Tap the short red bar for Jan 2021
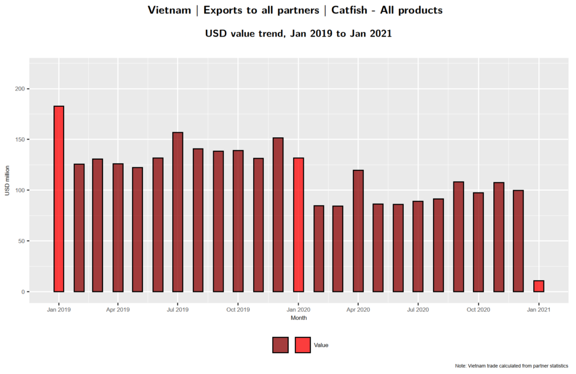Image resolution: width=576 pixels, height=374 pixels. click(x=539, y=286)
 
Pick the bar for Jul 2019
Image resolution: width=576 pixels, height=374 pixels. click(x=178, y=211)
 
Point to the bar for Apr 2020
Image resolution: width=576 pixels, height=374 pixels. click(x=358, y=231)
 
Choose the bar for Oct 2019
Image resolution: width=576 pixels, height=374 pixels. click(x=238, y=220)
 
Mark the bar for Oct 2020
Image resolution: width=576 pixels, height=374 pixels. click(x=478, y=242)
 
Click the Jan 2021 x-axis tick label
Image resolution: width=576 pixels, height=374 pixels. click(x=539, y=309)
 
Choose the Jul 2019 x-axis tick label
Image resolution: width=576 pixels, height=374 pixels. click(x=178, y=309)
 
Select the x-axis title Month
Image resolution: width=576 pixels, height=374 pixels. click(x=299, y=318)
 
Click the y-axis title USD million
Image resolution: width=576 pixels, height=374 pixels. click(x=7, y=181)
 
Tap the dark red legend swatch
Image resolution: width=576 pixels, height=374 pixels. click(x=280, y=345)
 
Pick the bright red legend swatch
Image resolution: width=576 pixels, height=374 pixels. click(x=303, y=345)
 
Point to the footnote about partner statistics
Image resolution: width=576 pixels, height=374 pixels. click(x=511, y=366)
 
